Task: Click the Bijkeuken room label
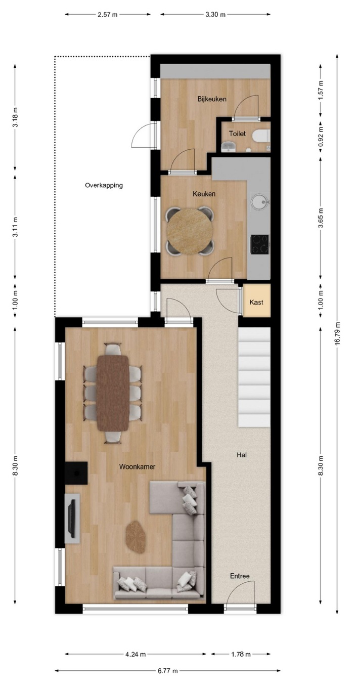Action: tap(212, 99)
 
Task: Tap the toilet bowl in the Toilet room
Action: tap(261, 136)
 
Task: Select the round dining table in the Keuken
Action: tap(190, 231)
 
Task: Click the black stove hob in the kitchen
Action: tap(259, 244)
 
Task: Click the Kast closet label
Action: tap(256, 302)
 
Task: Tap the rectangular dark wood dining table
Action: tap(113, 393)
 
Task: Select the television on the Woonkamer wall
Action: tap(72, 519)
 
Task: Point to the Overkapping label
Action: tap(104, 185)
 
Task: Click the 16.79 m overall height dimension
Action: tap(337, 334)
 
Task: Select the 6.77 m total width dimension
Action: tap(168, 671)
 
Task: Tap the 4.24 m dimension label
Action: tap(136, 655)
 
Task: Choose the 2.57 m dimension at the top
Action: tap(108, 14)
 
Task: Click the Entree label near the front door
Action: tap(240, 576)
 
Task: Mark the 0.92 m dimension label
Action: tap(321, 140)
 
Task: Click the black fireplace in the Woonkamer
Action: tap(76, 473)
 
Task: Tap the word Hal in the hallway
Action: tap(242, 455)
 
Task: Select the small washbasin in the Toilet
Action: tap(228, 147)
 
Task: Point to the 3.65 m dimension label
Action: tap(321, 218)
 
